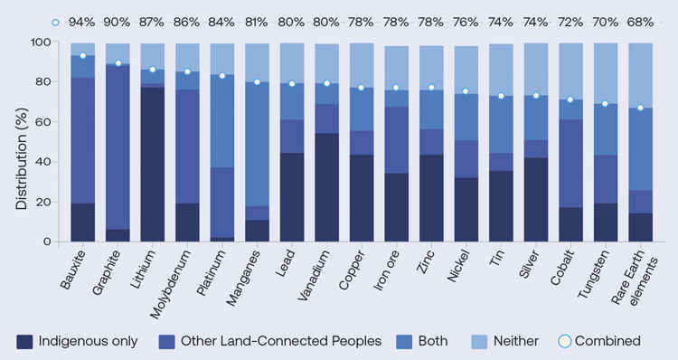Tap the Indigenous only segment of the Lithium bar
click(x=153, y=164)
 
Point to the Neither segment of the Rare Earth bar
click(x=641, y=75)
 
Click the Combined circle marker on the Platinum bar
click(x=222, y=75)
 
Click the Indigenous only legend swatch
click(x=24, y=341)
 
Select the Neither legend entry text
click(x=516, y=341)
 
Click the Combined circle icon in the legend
click(x=565, y=341)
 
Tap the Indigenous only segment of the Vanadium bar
click(x=328, y=187)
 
